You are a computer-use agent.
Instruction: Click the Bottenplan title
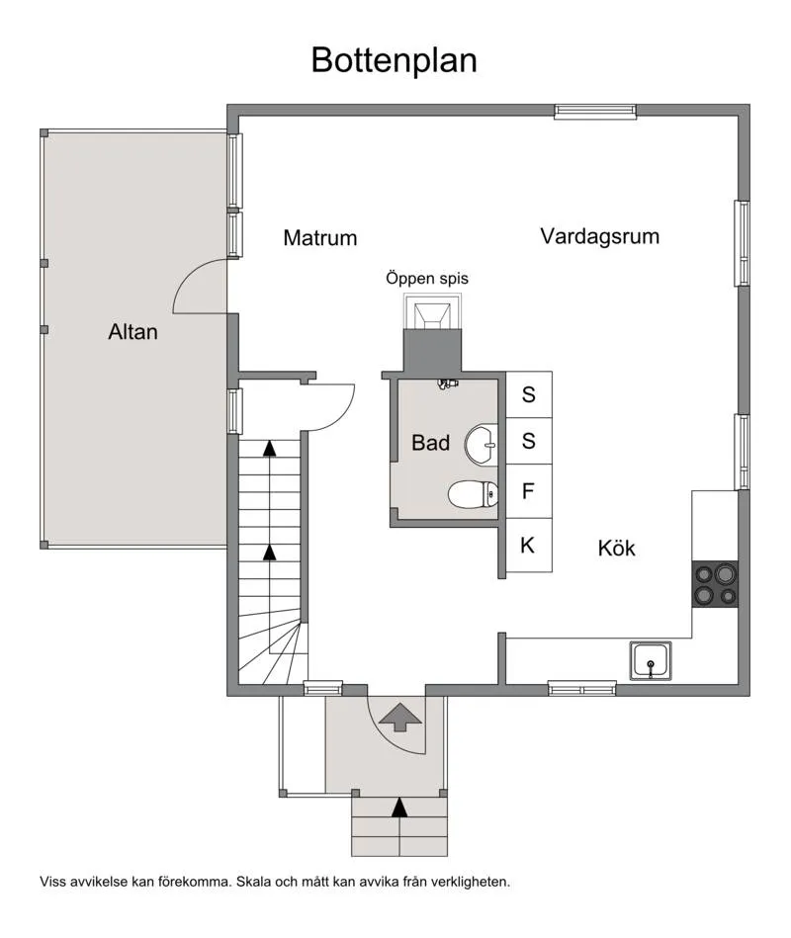tap(394, 59)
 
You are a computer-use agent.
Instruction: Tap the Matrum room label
tap(319, 238)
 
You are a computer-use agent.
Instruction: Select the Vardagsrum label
tap(599, 236)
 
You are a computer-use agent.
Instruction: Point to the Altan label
tap(132, 332)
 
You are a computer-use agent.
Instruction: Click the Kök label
tap(616, 548)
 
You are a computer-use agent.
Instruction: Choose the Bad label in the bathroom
tap(430, 443)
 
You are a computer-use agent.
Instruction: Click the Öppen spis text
tap(427, 279)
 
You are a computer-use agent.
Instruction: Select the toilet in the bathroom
tap(474, 493)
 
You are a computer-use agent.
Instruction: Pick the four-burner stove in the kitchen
tap(715, 583)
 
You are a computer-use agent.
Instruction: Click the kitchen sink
tap(651, 660)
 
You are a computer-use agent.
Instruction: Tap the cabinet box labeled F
tap(529, 491)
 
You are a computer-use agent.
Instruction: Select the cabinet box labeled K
tap(529, 546)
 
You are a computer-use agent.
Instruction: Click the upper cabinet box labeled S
tap(529, 394)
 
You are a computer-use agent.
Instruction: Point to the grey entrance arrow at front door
tap(398, 716)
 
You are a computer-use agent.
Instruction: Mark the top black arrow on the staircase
tap(269, 448)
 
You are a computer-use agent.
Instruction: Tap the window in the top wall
tap(594, 112)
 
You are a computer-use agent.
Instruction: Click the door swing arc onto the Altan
tap(198, 287)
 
